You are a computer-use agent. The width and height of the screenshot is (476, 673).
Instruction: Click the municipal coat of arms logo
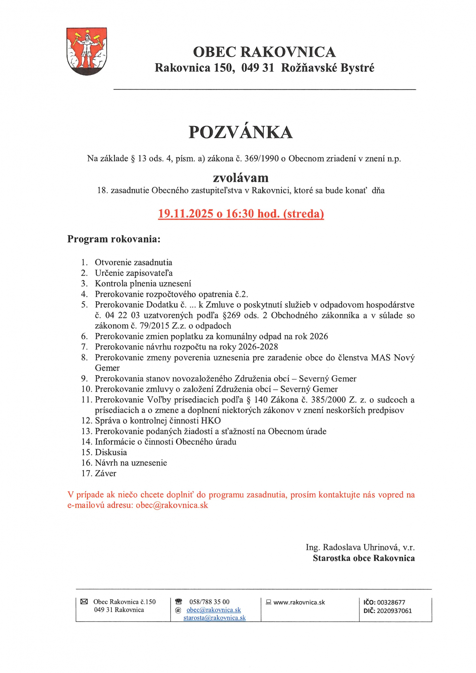(x=86, y=51)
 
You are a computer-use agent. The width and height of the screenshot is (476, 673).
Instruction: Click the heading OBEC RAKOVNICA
(x=264, y=52)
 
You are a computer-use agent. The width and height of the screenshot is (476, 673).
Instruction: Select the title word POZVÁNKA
(x=240, y=132)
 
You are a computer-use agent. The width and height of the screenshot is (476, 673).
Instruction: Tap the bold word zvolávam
(x=240, y=178)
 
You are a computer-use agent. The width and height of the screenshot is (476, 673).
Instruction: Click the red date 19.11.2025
(x=185, y=213)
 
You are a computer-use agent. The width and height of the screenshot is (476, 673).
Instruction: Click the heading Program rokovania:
(x=114, y=239)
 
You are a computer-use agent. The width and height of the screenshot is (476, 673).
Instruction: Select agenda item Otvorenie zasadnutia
(x=133, y=262)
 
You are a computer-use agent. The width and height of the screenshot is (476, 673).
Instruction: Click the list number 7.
(x=84, y=347)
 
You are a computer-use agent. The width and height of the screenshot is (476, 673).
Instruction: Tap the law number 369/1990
(x=261, y=159)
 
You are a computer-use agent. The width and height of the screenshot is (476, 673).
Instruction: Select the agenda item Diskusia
(x=111, y=452)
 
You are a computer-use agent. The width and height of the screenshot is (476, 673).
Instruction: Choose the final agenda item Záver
(x=105, y=473)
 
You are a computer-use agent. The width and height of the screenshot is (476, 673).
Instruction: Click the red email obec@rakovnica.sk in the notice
(x=172, y=505)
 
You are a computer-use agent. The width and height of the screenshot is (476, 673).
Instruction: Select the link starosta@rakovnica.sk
(x=214, y=618)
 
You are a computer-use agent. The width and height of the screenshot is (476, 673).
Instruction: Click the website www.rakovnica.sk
(x=299, y=602)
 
